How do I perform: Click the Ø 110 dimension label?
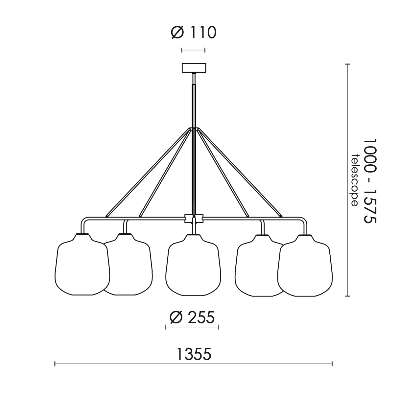pos(194,33)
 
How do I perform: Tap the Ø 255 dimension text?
pos(192,317)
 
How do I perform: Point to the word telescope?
pos(354,180)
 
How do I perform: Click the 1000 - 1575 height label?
pos(370,181)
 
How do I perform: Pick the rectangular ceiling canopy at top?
pos(194,68)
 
